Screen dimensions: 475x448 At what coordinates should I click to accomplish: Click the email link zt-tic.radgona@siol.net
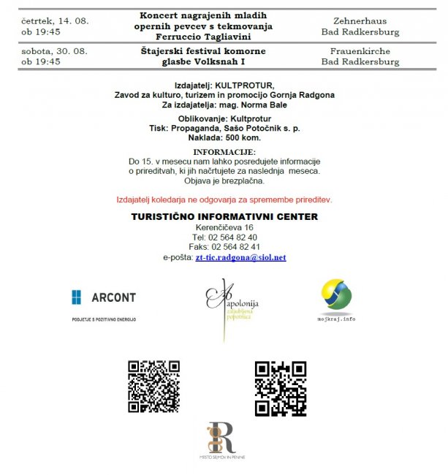coord(240,258)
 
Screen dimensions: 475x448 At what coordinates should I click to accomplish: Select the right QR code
coord(280,388)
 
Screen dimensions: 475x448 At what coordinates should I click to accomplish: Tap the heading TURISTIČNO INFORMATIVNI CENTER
coord(224,216)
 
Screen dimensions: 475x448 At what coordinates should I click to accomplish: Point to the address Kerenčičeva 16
coord(224,227)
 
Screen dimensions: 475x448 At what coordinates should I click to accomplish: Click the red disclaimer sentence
coord(224,199)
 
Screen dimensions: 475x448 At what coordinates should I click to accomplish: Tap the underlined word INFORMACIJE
coord(224,151)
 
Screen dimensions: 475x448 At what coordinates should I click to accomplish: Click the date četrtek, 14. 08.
coord(56,21)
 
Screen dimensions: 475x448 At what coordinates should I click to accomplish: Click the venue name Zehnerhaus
coord(360,21)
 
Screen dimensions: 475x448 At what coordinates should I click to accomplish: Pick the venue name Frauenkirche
coord(360,52)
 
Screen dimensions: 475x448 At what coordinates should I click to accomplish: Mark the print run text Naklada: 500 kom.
coord(224,137)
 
